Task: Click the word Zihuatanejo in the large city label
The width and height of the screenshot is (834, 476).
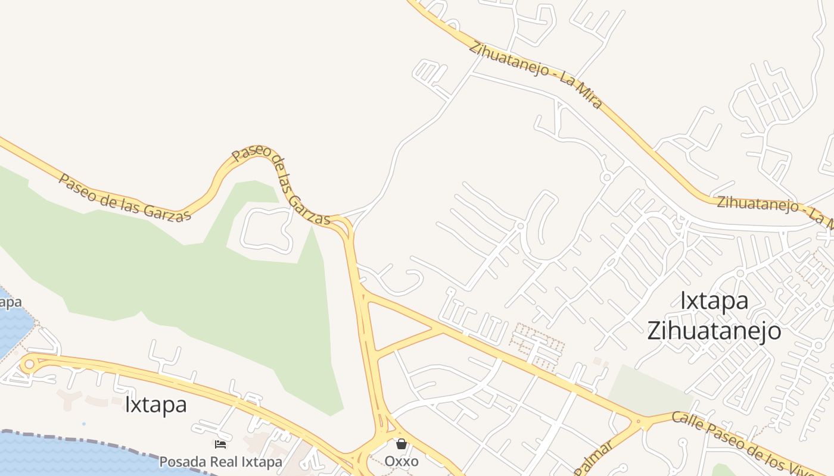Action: (x=714, y=331)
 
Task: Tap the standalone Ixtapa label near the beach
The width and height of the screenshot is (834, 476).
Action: (x=155, y=405)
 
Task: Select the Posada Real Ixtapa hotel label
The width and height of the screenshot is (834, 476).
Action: (x=220, y=462)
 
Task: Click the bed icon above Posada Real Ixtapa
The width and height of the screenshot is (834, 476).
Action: (x=220, y=444)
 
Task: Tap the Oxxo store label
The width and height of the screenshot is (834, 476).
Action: (x=401, y=462)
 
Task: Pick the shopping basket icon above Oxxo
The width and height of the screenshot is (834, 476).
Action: (x=402, y=444)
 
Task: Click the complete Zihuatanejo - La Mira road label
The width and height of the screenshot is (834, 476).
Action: (x=535, y=75)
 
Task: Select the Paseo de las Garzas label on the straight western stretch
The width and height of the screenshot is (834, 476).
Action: (x=125, y=197)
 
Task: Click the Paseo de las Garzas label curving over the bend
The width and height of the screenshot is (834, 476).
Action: (x=280, y=181)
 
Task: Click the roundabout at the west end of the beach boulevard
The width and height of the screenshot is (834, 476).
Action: (x=29, y=364)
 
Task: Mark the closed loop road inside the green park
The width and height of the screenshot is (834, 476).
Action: (x=266, y=228)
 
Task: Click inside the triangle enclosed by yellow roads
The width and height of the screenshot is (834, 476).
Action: (x=393, y=324)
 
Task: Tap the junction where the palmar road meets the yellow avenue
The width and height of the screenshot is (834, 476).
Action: (x=639, y=423)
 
